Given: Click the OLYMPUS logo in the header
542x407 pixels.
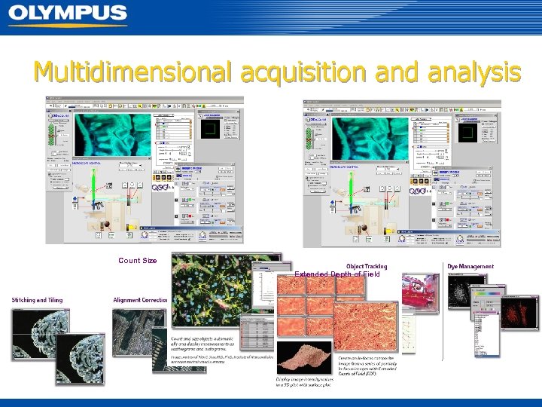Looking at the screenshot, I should click(68, 14).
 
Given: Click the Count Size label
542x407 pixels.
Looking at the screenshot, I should click(138, 261).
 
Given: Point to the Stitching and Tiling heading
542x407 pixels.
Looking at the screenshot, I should click(37, 300).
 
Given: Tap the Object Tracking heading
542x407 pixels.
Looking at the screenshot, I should click(367, 266).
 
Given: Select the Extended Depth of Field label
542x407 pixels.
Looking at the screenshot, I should click(337, 274).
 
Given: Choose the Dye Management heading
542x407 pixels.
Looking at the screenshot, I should click(470, 266).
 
